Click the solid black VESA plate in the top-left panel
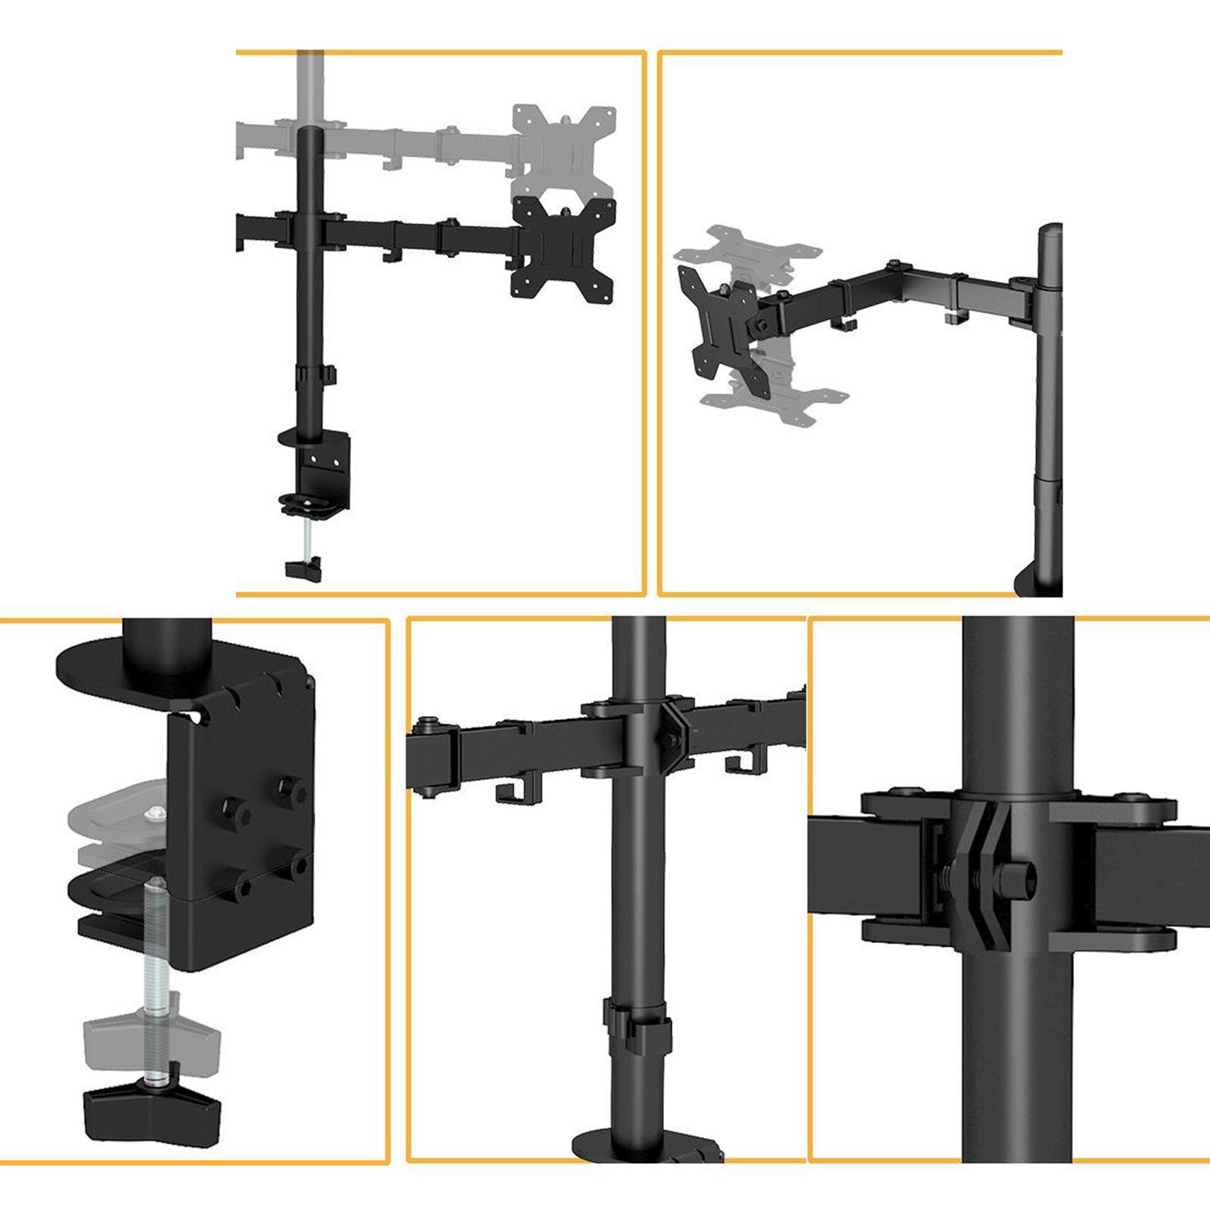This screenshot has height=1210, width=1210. [x=563, y=249]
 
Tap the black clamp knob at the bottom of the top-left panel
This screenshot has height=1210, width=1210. [x=304, y=569]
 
